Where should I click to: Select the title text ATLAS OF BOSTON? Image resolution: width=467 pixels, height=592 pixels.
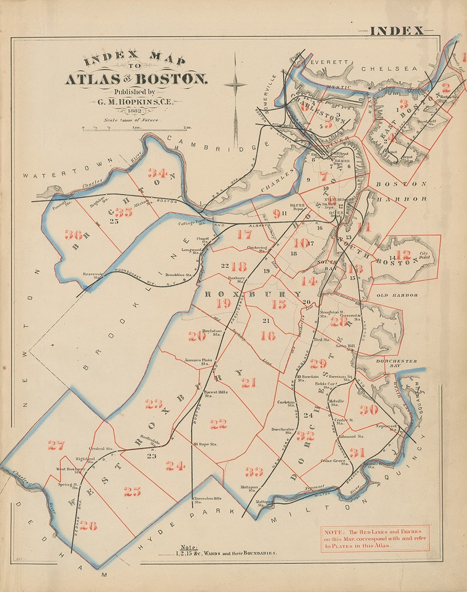[x=136, y=79]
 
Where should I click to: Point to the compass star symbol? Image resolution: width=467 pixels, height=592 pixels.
[x=235, y=84]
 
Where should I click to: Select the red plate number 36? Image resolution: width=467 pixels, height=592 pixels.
[x=73, y=234]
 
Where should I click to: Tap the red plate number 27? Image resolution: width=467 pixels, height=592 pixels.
[x=56, y=445]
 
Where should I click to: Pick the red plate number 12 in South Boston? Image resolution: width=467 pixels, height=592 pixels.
[x=403, y=255]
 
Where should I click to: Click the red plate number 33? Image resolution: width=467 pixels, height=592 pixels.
[x=254, y=471]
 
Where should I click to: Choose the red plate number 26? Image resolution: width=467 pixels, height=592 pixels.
[x=88, y=526]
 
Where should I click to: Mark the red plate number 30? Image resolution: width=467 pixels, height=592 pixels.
[x=369, y=410]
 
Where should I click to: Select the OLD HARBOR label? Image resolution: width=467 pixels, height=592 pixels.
[x=397, y=295]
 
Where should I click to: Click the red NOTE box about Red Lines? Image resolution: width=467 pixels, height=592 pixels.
[x=375, y=538]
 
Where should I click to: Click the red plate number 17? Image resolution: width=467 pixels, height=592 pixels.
[x=244, y=234]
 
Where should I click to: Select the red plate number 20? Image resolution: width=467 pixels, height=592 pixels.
[x=197, y=336]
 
